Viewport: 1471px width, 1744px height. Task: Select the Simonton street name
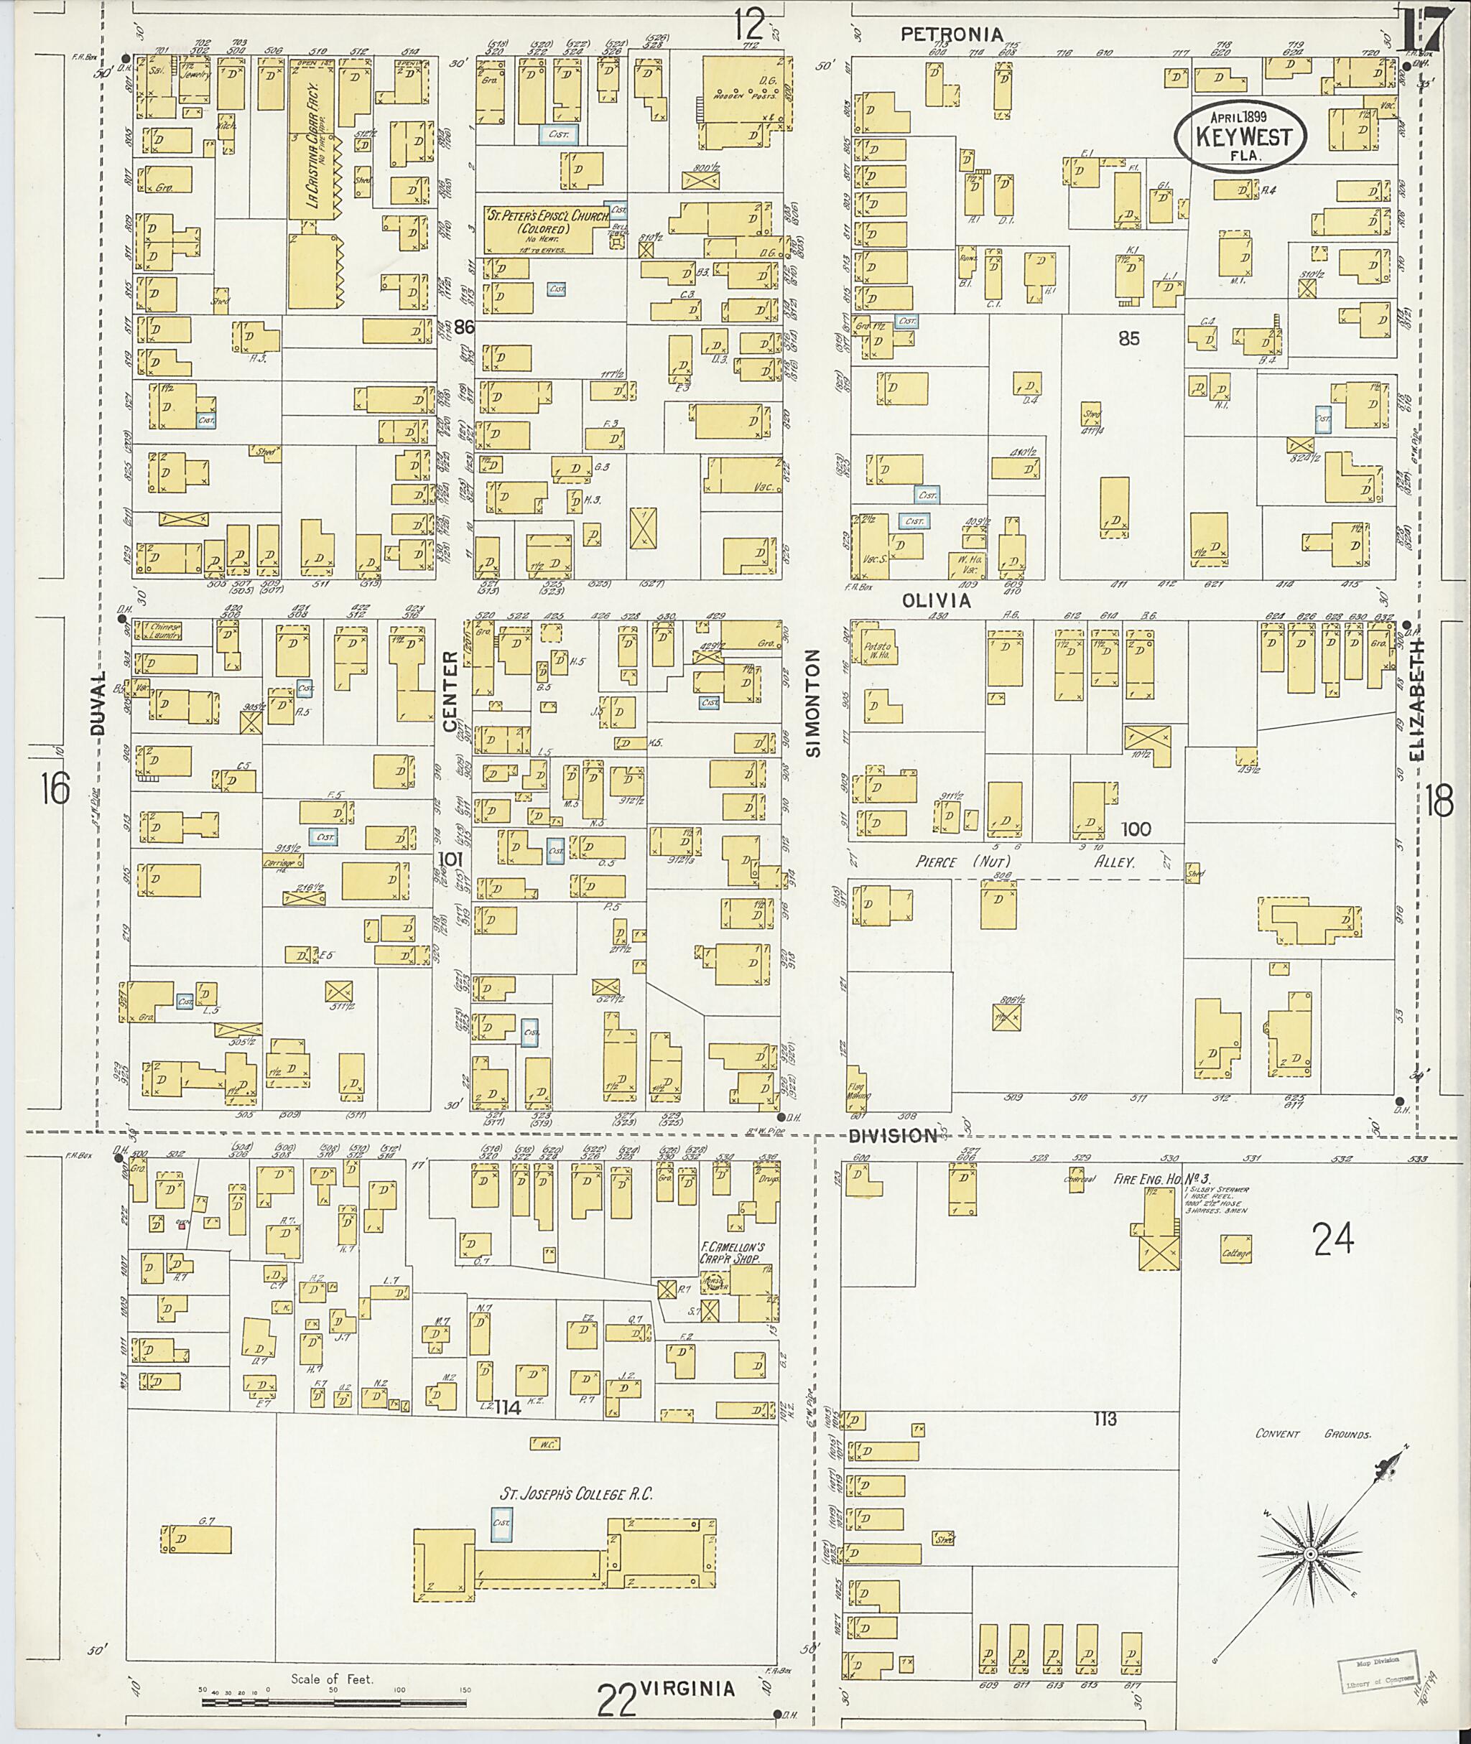click(814, 704)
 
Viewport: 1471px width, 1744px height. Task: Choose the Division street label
click(893, 1135)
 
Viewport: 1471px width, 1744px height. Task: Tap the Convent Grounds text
click(1314, 1434)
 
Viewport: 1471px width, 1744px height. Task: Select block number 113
click(1105, 1419)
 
